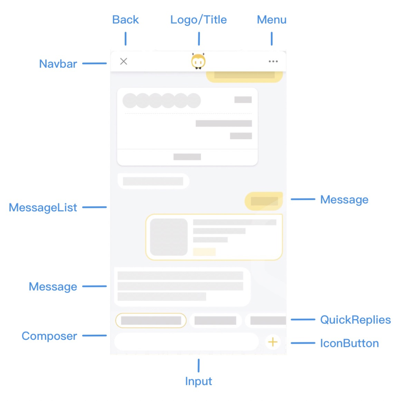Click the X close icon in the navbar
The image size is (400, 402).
[x=124, y=61]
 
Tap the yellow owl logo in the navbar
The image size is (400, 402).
[x=199, y=61]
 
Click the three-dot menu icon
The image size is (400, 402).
[x=273, y=61]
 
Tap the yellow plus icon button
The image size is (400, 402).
[x=273, y=342]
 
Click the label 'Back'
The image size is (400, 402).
[x=126, y=20]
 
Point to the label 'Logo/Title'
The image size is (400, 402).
[x=199, y=20]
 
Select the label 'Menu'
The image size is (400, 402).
[x=271, y=20]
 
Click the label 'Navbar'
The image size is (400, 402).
[x=58, y=64]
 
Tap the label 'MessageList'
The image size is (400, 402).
[x=43, y=207]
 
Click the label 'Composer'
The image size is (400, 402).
[x=49, y=336]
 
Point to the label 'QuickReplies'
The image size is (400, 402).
[x=356, y=319]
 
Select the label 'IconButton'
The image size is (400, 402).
[x=349, y=343]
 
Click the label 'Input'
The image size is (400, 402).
[x=199, y=381]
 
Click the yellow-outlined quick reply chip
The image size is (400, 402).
[x=151, y=321]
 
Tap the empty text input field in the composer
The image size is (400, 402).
[x=186, y=342]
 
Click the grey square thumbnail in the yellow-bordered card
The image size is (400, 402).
[x=169, y=237]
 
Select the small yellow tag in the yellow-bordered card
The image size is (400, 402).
[x=204, y=252]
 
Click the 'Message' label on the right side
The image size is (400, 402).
[x=344, y=200]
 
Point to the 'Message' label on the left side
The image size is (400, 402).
[x=53, y=287]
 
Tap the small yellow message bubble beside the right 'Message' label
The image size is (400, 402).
[x=264, y=201]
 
